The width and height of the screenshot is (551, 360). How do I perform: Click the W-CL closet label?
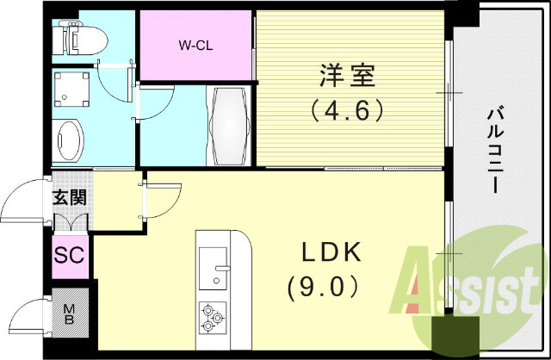point(196,45)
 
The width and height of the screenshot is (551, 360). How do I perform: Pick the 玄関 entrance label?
point(68,197)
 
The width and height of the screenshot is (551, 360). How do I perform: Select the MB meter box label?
point(69,311)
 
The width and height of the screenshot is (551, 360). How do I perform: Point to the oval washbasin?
point(68,140)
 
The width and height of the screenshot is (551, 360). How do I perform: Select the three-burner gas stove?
point(213,316)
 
